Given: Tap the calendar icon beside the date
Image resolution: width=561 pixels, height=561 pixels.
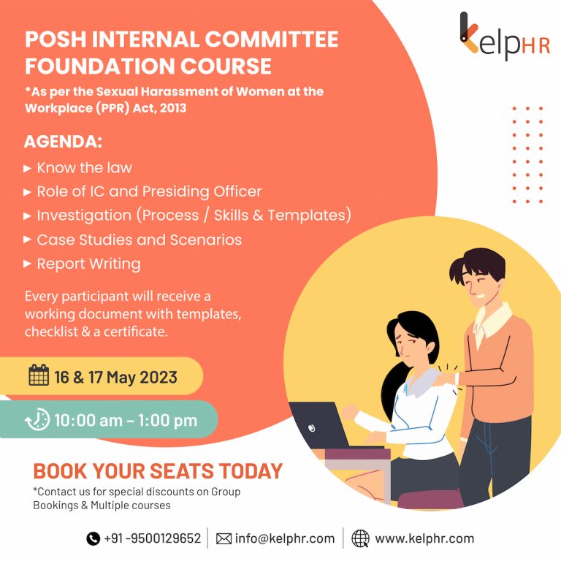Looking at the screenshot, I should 39,376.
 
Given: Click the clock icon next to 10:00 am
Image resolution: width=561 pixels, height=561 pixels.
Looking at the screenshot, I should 37,420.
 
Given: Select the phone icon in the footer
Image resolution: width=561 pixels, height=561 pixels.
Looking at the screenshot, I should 93,538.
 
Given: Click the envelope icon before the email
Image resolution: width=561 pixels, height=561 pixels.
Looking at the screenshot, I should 224,538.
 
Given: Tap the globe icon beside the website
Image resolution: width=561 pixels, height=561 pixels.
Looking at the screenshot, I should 360,538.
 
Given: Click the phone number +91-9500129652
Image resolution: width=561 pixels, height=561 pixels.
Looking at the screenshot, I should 152,538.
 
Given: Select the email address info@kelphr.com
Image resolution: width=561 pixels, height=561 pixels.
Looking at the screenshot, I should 284,538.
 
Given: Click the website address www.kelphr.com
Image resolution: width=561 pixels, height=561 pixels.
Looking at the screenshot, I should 424,538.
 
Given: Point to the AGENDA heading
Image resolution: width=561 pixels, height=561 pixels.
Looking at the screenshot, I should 63,141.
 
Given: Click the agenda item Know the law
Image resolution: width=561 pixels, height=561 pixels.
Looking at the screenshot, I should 84,167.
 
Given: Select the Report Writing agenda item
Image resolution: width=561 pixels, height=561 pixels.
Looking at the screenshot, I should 88,264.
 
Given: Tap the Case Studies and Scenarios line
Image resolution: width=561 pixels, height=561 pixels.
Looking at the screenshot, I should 139,240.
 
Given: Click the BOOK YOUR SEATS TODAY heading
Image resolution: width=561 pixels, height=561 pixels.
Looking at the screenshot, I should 158,470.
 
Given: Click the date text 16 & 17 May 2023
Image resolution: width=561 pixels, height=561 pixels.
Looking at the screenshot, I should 115,377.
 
